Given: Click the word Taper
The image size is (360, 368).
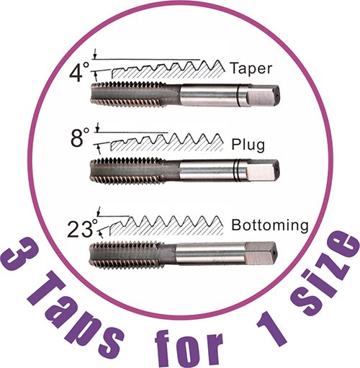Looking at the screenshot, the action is [251, 68].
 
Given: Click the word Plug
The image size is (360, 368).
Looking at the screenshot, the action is [248, 145].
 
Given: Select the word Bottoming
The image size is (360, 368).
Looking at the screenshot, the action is [270, 225].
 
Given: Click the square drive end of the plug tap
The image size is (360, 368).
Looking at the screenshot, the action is [263, 171].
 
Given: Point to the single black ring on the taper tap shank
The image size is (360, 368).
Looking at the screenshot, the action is [238, 95].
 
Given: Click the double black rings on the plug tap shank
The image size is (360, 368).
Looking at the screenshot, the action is [237, 171].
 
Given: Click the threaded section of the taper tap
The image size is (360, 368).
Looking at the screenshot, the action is [128, 94].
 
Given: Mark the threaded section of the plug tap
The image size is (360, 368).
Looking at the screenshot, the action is [127, 171].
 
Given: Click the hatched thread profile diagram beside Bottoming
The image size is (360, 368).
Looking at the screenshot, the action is [166, 225].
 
